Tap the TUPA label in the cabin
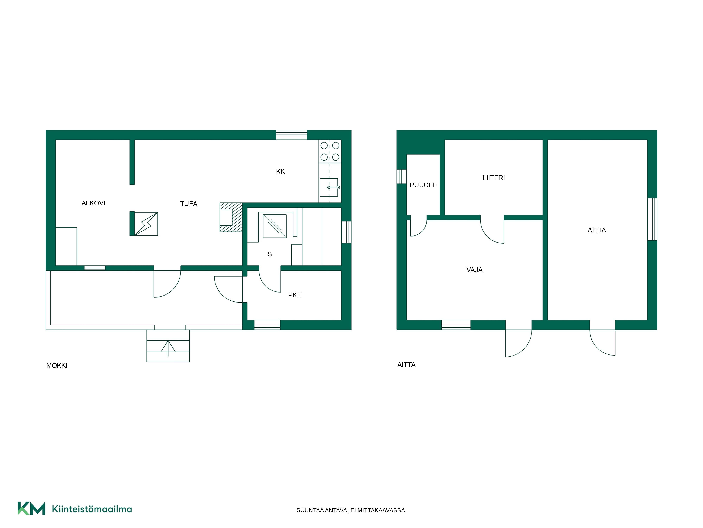point(189,204)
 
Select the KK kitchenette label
point(280,172)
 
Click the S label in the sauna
point(269,254)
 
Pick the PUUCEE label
point(423,185)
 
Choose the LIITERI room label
point(494,178)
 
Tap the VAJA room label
point(475,270)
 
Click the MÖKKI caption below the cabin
point(57,366)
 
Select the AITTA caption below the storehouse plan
point(407,365)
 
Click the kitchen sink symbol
point(329,187)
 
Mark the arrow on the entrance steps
point(168,348)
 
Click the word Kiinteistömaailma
point(92,509)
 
